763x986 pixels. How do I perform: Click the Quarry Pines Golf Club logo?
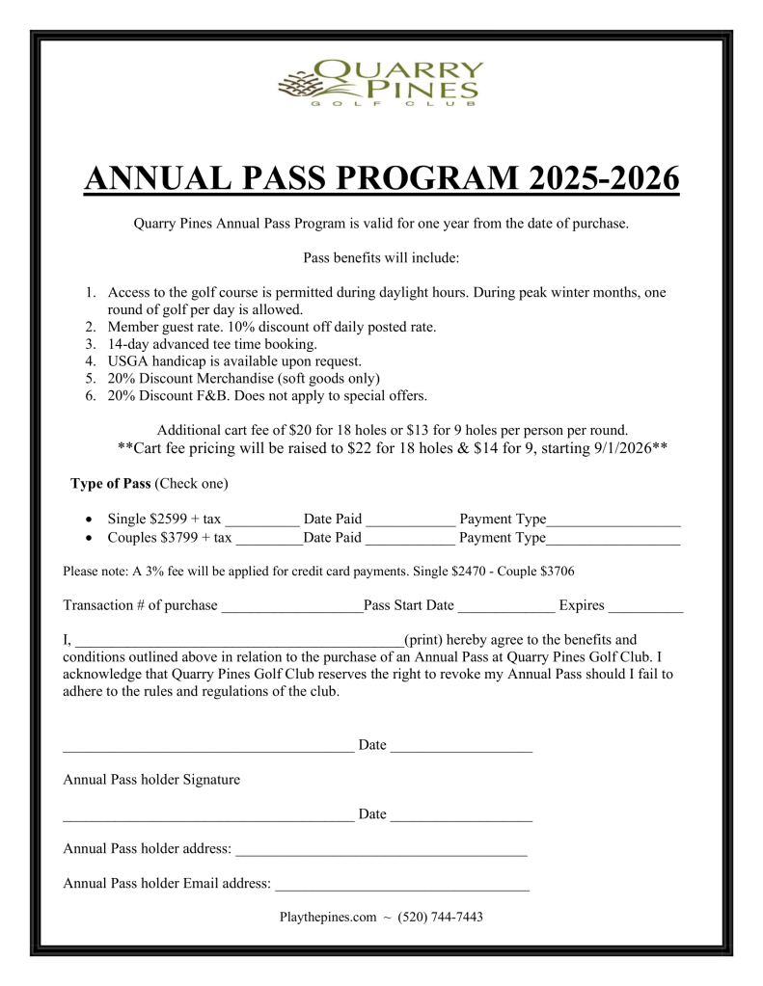tap(381, 85)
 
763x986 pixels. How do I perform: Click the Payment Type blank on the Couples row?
tap(613, 541)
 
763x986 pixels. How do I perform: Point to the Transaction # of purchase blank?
tap(291, 608)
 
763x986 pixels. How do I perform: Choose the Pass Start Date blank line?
tap(506, 608)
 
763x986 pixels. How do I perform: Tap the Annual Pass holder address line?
tap(381, 852)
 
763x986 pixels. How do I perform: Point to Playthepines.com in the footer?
tap(327, 918)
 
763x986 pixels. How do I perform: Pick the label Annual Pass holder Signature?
tap(151, 779)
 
